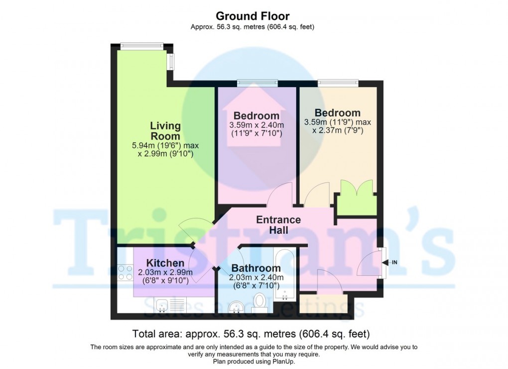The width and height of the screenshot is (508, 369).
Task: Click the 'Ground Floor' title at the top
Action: pyautogui.click(x=254, y=16)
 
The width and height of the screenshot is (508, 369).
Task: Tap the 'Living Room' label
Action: pyautogui.click(x=165, y=130)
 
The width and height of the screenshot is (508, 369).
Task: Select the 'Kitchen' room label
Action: pyautogui.click(x=165, y=263)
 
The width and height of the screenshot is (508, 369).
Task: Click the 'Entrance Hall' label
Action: pyautogui.click(x=278, y=225)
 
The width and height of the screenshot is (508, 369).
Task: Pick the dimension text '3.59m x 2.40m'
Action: pyautogui.click(x=256, y=125)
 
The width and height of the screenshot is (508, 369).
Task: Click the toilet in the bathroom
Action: pyautogui.click(x=259, y=301)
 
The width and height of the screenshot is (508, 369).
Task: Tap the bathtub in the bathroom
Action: pyautogui.click(x=285, y=273)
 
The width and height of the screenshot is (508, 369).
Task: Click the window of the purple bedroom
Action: pyautogui.click(x=256, y=83)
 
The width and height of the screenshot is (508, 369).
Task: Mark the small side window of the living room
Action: pyautogui.click(x=171, y=62)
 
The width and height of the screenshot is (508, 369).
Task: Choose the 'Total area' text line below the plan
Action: pyautogui.click(x=251, y=333)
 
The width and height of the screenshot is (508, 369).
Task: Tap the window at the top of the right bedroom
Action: pyautogui.click(x=338, y=83)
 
